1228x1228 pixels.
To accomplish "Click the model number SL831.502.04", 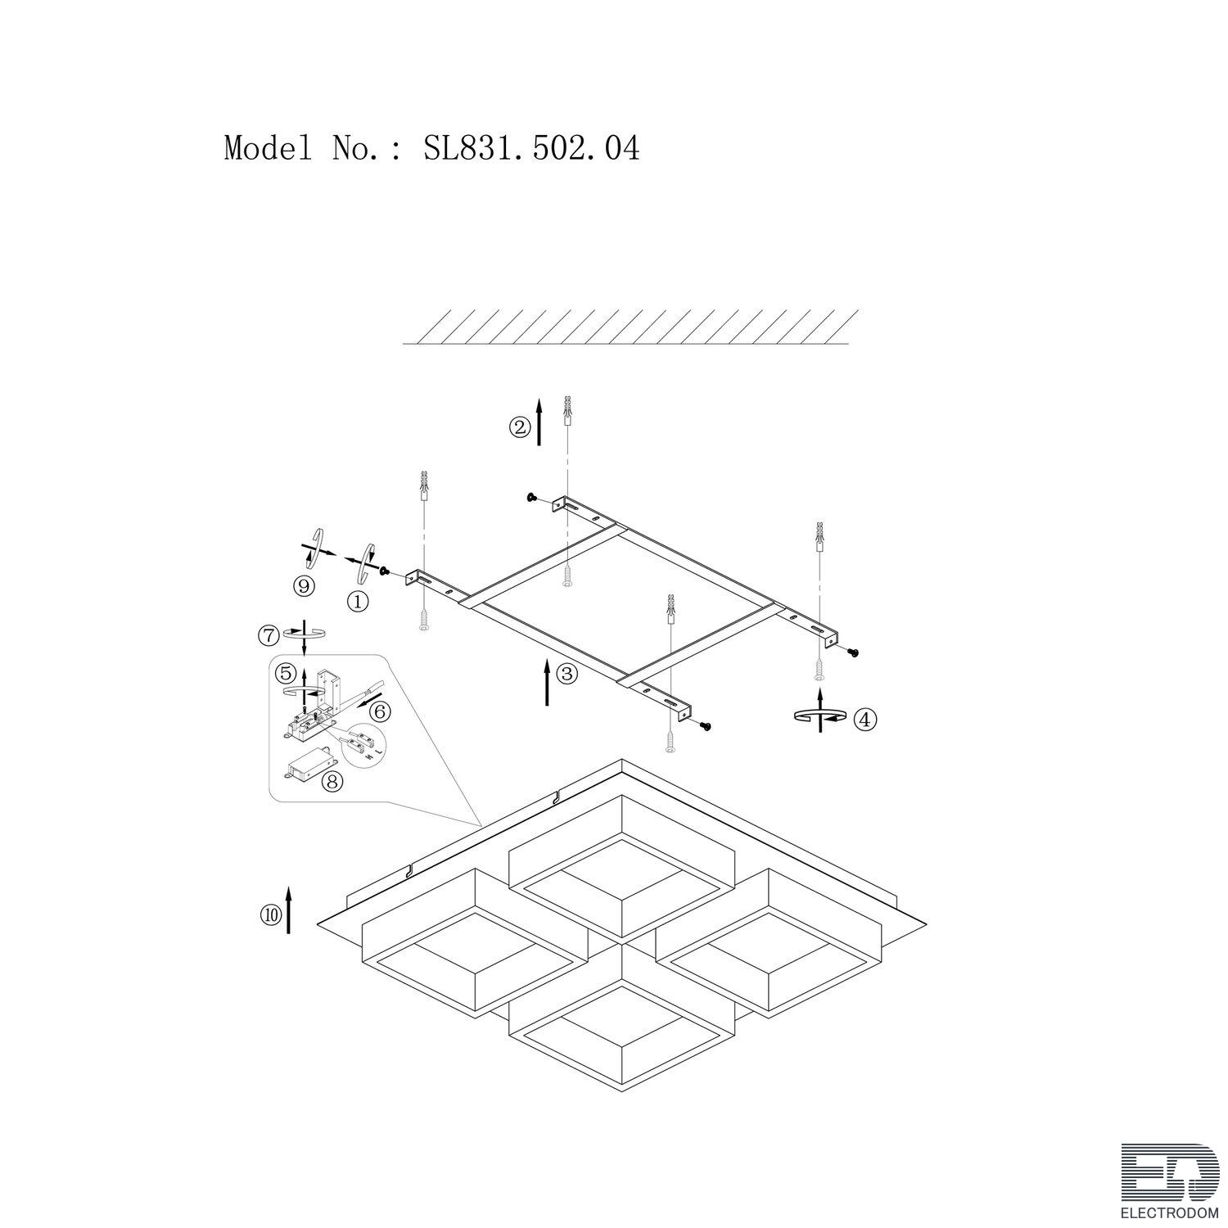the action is (531, 148).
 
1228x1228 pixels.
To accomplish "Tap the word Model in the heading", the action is (268, 148).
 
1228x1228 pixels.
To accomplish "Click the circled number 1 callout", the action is (358, 602).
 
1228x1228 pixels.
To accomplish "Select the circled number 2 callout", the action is (519, 427).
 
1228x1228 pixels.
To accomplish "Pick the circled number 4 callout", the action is (865, 720).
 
